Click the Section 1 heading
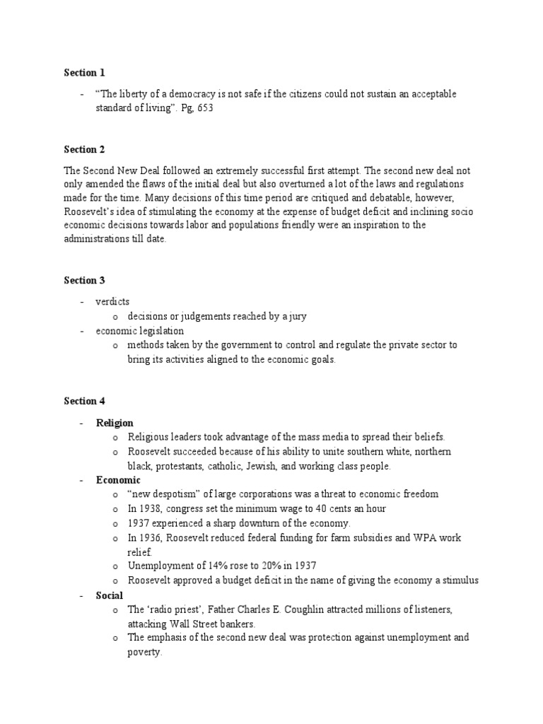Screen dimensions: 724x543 tap(84, 72)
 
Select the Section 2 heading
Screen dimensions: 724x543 tap(84, 149)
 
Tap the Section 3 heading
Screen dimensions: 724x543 tap(84, 281)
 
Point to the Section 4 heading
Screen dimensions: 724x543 tap(84, 401)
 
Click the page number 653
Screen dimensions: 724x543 tap(205, 108)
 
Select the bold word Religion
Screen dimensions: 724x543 tap(115, 423)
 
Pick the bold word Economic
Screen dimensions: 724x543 tap(118, 480)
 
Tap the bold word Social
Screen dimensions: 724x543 tap(110, 595)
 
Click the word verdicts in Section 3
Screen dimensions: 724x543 tap(113, 302)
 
